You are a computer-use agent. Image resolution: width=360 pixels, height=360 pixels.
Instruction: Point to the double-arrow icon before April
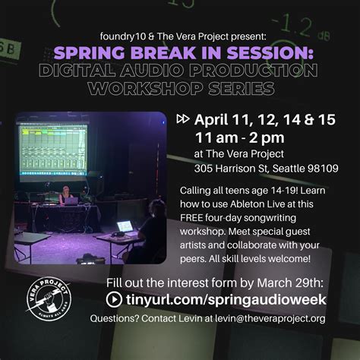(x=183, y=119)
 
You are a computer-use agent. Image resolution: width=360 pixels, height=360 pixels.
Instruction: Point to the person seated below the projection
(x=65, y=195)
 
